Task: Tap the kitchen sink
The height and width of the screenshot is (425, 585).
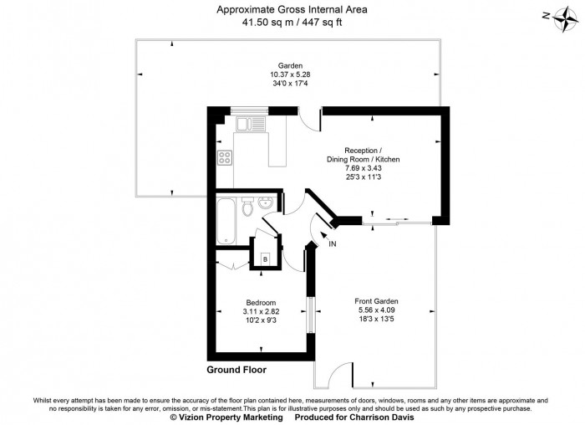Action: [x=251, y=125]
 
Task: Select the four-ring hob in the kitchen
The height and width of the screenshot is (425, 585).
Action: [x=225, y=156]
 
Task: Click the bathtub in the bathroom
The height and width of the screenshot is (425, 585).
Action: [x=226, y=221]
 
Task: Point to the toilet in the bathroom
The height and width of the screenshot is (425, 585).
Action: [x=248, y=208]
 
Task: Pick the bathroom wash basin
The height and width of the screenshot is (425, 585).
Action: [x=266, y=204]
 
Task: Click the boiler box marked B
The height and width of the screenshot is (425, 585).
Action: [x=265, y=259]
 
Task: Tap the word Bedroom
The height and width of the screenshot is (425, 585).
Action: [x=260, y=302]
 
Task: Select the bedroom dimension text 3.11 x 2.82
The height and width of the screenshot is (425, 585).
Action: [x=260, y=311]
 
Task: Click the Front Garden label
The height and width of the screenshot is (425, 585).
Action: [x=376, y=301]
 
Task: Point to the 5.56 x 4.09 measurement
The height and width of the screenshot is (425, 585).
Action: [x=376, y=310]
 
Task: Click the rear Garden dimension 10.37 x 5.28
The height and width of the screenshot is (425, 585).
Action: [x=291, y=74]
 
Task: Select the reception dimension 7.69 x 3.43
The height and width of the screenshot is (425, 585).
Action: [x=363, y=167]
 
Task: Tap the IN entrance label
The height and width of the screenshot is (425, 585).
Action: [x=332, y=243]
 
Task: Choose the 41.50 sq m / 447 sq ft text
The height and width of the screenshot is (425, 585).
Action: [x=292, y=23]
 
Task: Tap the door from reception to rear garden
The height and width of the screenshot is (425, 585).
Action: [x=311, y=119]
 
